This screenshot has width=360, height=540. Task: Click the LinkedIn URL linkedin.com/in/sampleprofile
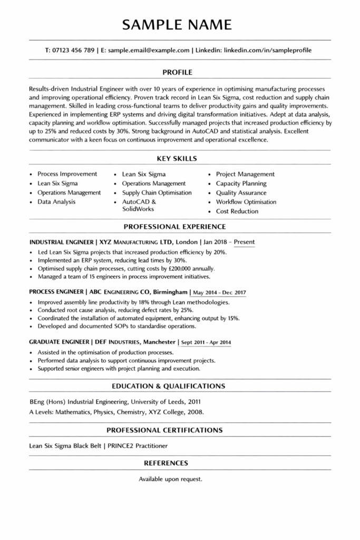[268, 51]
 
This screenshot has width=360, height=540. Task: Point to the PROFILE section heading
[177, 72]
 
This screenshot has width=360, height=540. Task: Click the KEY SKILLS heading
[177, 158]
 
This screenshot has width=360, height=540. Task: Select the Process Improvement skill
[67, 174]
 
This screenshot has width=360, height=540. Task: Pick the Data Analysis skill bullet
[56, 202]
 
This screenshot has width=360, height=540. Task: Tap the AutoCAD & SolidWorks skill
[139, 206]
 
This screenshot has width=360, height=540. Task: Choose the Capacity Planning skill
[241, 184]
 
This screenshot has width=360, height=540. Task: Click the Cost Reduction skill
[237, 211]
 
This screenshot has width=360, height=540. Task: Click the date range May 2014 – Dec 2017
[219, 292]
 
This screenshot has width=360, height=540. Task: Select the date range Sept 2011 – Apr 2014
[206, 343]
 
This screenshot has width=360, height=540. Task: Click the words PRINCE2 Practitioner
[138, 446]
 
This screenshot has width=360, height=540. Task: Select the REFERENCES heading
[166, 464]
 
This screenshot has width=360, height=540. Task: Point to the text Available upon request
[170, 479]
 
